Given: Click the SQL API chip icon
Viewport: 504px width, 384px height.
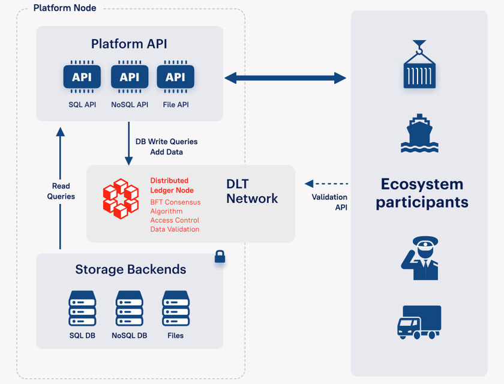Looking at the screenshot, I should (x=82, y=77).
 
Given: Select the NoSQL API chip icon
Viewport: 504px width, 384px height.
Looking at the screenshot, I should (x=129, y=77).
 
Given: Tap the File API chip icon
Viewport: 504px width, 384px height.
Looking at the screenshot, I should (x=175, y=77).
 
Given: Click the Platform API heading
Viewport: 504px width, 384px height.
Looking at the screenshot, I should (x=129, y=44).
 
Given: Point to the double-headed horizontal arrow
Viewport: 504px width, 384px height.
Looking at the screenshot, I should (x=285, y=77).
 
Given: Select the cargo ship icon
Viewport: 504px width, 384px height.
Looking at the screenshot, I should (x=419, y=133).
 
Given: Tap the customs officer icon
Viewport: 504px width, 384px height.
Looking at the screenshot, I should (x=419, y=258).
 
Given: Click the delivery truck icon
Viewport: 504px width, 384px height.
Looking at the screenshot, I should (x=419, y=322).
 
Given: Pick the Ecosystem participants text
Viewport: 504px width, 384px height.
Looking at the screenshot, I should (x=422, y=193).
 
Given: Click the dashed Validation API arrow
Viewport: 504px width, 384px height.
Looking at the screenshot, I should (x=326, y=183).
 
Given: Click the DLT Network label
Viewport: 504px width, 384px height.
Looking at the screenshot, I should (x=252, y=190).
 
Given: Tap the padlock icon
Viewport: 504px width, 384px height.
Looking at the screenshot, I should (x=220, y=257).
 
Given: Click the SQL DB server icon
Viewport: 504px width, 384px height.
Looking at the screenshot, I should (x=82, y=308).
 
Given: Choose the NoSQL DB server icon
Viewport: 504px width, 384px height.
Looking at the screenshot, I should (x=129, y=308).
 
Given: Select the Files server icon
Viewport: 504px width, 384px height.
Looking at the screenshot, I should (x=176, y=308).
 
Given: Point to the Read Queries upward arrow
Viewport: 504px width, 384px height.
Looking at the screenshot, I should (x=60, y=186).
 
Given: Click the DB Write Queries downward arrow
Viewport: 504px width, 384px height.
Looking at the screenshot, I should (x=128, y=144).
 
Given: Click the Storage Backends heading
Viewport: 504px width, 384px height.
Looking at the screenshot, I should (x=130, y=269).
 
